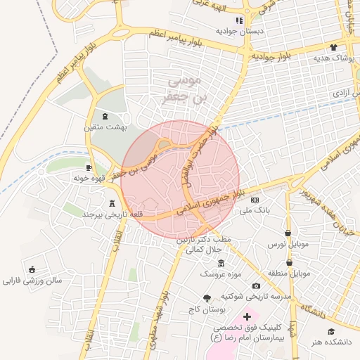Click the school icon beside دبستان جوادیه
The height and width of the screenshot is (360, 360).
[x=239, y=20]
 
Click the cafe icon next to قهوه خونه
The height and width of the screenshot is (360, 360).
[x=89, y=167]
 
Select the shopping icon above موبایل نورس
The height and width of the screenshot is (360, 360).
[x=288, y=233]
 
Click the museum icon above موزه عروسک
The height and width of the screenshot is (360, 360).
[x=221, y=262]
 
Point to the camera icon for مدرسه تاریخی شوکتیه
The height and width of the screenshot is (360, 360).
[x=256, y=285]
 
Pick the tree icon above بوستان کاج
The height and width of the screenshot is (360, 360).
[x=207, y=298]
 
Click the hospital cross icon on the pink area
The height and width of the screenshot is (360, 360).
[x=246, y=317]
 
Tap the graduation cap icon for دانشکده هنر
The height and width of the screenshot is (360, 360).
[x=330, y=331]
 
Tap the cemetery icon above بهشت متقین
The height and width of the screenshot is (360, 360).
[x=105, y=115]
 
